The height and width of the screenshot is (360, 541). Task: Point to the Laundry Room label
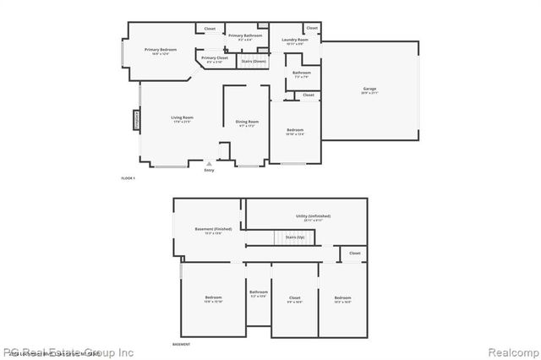coord(295,41)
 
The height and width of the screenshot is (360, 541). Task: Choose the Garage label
coord(369,90)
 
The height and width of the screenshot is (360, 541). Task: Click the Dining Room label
coord(247,123)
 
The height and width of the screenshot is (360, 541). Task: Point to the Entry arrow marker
coord(209,165)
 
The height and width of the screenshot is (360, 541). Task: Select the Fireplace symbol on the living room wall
coord(135,119)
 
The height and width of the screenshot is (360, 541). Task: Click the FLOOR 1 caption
coord(128,178)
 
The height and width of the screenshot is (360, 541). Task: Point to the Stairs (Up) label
coord(294,237)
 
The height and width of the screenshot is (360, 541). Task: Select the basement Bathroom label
coord(258,293)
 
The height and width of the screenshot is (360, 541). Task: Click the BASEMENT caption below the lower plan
coord(181,345)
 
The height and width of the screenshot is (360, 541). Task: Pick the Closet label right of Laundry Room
coord(311,29)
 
